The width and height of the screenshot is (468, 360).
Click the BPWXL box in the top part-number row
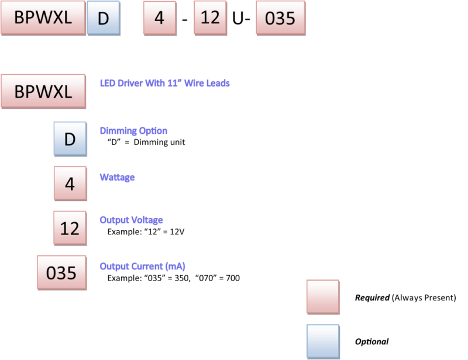pos(43,18)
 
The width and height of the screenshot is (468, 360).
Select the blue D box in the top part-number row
pos(104,18)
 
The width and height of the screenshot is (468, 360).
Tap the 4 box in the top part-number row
pos(159,18)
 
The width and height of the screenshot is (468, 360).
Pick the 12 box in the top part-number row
pos(210,18)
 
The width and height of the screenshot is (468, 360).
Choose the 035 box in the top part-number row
pos(280,18)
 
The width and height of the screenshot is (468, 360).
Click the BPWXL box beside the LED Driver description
pos(43,91)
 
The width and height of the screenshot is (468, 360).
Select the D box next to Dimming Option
pos(70,139)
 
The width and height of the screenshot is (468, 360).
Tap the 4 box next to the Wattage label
pos(70,184)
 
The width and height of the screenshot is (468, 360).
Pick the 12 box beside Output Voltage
pos(70,228)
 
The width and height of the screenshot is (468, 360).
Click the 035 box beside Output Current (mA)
pos(61,272)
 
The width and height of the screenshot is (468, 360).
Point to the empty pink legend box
pos(323,297)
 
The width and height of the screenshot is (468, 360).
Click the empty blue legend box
pos(323,342)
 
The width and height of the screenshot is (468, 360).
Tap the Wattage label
pos(118,177)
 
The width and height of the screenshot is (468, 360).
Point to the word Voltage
pos(147,220)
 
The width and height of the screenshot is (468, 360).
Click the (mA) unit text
pos(175,266)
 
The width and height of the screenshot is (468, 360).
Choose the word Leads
pos(218,84)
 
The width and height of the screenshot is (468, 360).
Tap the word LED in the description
pos(108,84)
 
